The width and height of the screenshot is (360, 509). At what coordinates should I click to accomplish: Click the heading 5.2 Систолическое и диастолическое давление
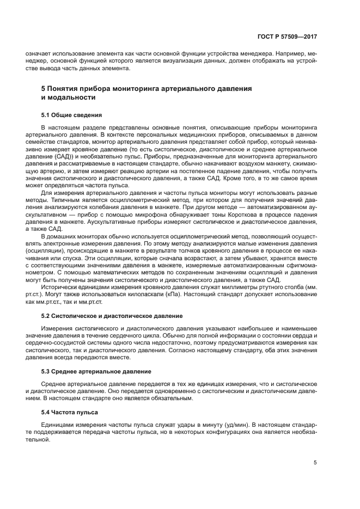[112, 316]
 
